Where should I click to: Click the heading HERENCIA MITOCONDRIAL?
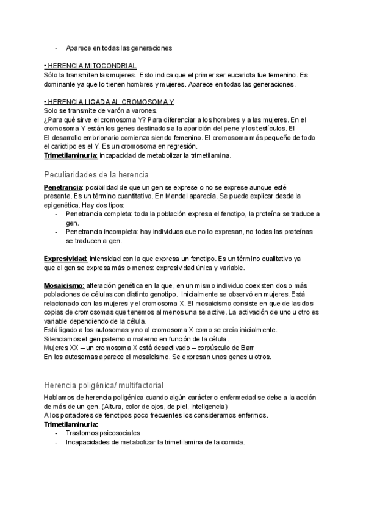point(91,65)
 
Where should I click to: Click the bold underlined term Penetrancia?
point(63,187)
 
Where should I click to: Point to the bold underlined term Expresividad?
point(66,259)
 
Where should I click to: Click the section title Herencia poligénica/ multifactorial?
point(103,385)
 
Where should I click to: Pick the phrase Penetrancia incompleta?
point(98,232)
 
